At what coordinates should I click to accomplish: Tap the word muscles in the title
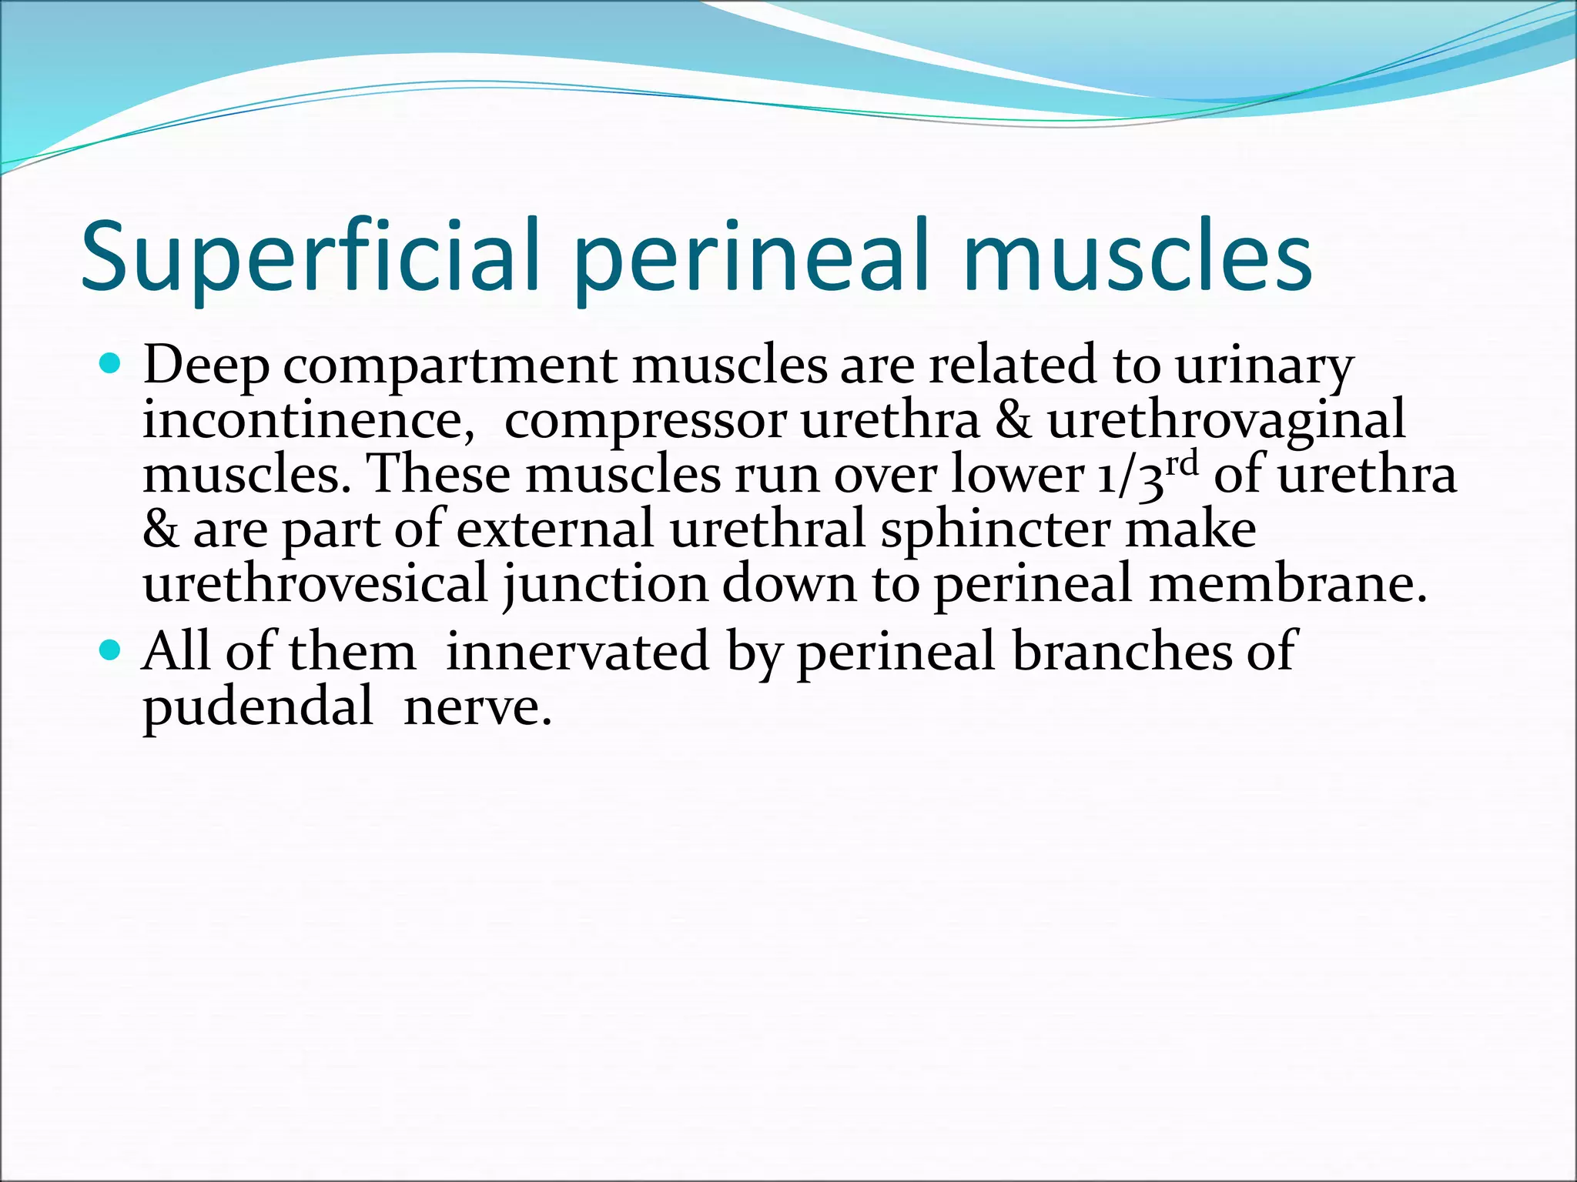point(1137,258)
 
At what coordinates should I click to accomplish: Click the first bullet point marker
point(111,362)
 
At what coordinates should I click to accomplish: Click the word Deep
point(206,366)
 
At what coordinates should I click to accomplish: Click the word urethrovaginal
point(1226,422)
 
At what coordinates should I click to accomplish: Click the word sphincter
point(994,531)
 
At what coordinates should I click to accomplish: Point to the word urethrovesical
point(316,583)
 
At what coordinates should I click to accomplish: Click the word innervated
point(577,652)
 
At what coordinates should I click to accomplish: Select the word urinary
point(1264,367)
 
